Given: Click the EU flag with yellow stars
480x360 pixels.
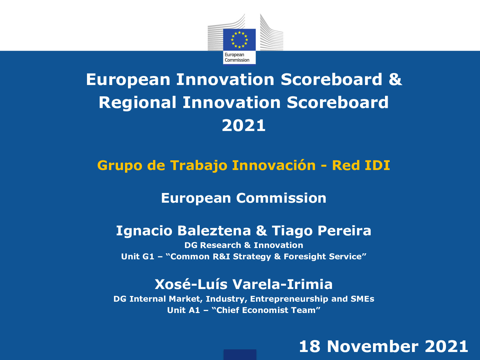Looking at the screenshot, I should (x=239, y=40).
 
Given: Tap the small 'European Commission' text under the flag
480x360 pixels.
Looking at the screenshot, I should (x=237, y=57).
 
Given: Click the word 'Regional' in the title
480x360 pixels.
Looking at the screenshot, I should (x=137, y=102).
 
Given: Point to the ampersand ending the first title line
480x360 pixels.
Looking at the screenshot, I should (x=395, y=80).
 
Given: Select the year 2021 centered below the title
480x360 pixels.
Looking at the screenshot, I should (x=244, y=126).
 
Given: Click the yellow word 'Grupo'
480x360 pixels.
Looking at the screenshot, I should (x=119, y=166).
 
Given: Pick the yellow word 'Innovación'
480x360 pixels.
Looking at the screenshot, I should (x=274, y=166).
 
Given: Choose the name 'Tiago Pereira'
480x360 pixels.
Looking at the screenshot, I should (x=321, y=231).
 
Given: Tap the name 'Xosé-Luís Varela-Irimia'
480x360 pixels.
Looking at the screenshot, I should (x=244, y=284).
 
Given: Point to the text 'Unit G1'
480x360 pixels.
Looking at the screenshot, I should (x=137, y=257).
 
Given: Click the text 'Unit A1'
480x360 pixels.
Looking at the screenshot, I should (x=183, y=310).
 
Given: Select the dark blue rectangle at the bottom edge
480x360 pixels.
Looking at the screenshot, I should (x=240, y=355).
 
